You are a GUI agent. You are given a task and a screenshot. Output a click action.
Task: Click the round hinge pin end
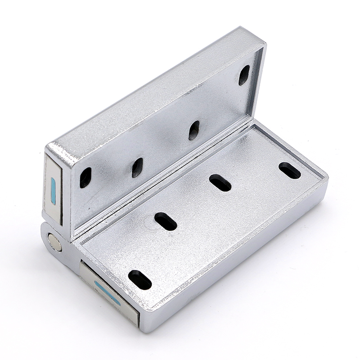(x=55, y=243)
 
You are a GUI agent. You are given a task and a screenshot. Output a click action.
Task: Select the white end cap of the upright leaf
(x=53, y=189)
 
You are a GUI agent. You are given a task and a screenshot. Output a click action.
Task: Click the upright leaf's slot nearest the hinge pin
(x=85, y=177)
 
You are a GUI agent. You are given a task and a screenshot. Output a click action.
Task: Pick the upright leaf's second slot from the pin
(x=137, y=167)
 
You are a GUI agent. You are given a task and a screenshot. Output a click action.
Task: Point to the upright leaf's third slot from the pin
(x=194, y=130)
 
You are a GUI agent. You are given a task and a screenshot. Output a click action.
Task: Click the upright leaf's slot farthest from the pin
(x=244, y=75)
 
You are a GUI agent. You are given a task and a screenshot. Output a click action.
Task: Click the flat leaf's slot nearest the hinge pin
(x=140, y=279)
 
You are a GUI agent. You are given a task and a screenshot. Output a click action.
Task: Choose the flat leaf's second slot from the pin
(x=166, y=221)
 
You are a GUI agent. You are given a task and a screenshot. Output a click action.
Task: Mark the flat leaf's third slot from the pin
(x=220, y=183)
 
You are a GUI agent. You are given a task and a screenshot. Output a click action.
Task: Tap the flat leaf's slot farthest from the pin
(x=290, y=170)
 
